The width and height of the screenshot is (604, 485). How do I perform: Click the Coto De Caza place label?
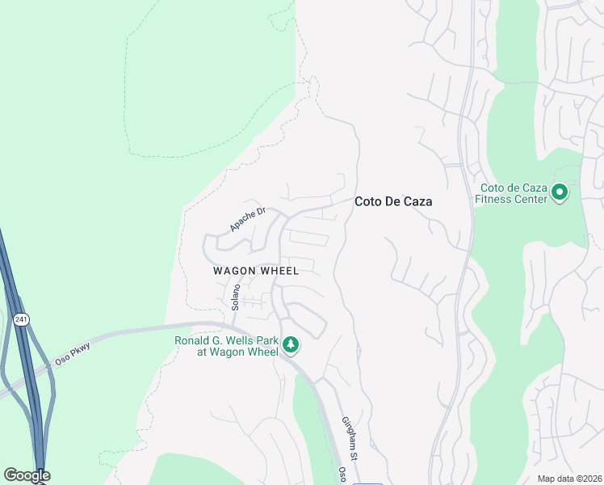click(x=393, y=202)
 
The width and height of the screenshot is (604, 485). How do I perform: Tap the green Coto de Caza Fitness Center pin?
click(x=560, y=192)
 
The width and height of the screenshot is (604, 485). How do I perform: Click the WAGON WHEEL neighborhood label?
click(x=256, y=271)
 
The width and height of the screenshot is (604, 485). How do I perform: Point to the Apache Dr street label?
click(x=247, y=219)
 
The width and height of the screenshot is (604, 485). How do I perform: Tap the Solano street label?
click(x=237, y=297)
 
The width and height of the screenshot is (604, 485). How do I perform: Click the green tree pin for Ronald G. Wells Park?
click(x=291, y=346)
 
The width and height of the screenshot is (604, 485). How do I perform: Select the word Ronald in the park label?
click(x=194, y=340)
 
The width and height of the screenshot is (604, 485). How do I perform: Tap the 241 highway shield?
click(x=21, y=320)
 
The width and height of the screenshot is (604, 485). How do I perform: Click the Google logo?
click(x=27, y=475)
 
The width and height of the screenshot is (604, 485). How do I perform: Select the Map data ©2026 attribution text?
click(x=569, y=479)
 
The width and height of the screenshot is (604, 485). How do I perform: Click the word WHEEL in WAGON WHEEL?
click(x=279, y=271)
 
